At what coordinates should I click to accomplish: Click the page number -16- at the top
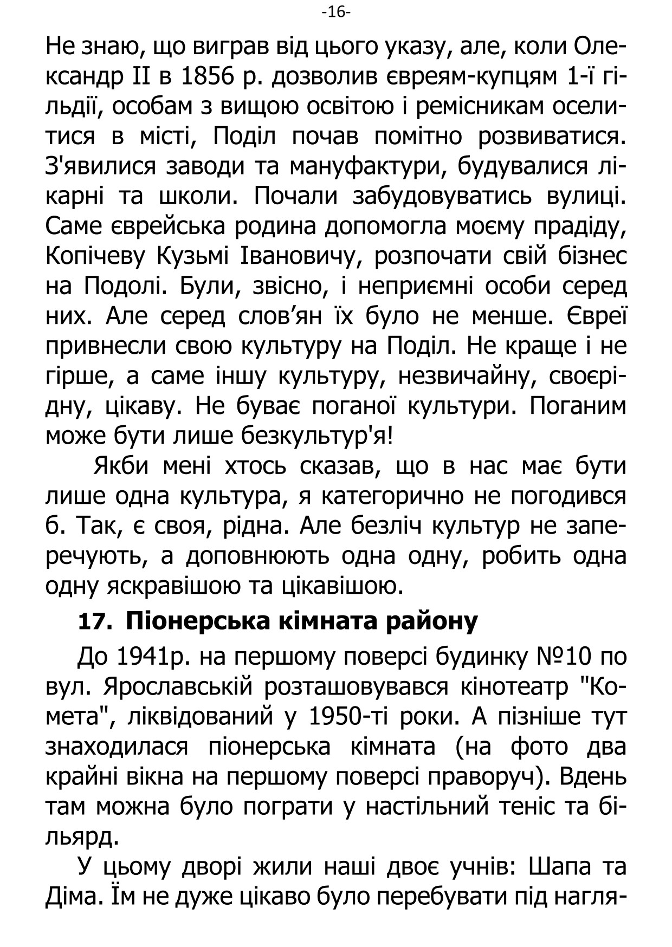pyautogui.click(x=336, y=11)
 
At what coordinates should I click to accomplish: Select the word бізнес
pyautogui.click(x=592, y=256)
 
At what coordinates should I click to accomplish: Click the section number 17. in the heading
pyautogui.click(x=95, y=621)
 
